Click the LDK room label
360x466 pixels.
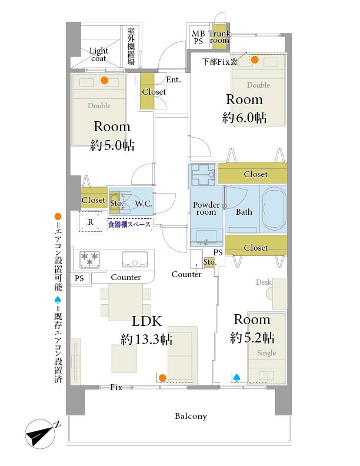click(146, 321)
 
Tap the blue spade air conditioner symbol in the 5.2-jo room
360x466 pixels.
click(236, 377)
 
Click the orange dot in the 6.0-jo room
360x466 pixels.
click(255, 60)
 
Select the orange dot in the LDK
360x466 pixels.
click(162, 378)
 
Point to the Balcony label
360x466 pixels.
click(191, 416)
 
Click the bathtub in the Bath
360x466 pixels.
click(275, 209)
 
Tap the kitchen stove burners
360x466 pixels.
click(89, 259)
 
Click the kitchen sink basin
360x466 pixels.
click(135, 259)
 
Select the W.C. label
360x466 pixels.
click(144, 204)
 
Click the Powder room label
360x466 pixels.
click(206, 208)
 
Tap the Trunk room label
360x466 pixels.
click(219, 37)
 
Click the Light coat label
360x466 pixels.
click(99, 54)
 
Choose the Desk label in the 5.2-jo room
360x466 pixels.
click(264, 282)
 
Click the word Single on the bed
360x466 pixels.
click(266, 353)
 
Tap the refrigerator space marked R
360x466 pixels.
click(91, 221)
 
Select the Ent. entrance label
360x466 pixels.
click(174, 79)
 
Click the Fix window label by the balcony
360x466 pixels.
click(116, 387)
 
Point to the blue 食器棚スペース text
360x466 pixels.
click(129, 224)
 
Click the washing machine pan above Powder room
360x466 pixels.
click(203, 174)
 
